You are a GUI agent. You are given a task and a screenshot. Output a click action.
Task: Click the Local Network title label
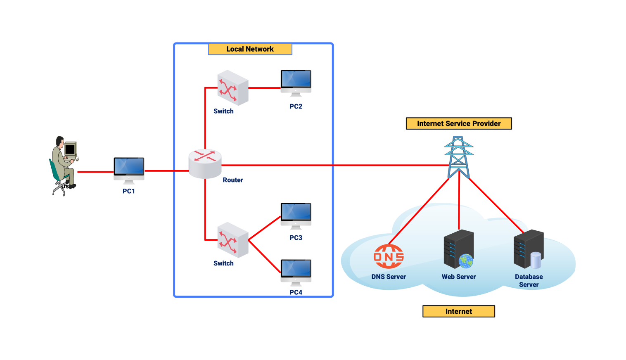click(x=250, y=49)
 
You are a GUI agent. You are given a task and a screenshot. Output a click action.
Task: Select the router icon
click(x=205, y=163)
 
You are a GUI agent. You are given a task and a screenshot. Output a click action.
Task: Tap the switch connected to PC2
click(x=233, y=88)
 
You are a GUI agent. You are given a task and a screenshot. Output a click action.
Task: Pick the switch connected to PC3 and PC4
click(x=233, y=240)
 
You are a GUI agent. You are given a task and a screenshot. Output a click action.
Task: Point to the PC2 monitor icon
click(x=296, y=82)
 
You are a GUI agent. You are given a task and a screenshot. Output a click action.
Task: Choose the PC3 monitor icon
click(x=296, y=215)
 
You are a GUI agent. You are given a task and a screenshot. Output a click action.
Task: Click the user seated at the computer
click(x=63, y=166)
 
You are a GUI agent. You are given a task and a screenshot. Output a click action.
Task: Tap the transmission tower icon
click(x=459, y=157)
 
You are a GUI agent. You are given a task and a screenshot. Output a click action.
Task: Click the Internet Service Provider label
click(x=459, y=123)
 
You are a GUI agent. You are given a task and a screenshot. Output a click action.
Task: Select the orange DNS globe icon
click(x=389, y=256)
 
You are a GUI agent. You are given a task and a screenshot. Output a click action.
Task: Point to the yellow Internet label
click(x=458, y=311)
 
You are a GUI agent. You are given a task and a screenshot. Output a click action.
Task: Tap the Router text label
click(x=233, y=180)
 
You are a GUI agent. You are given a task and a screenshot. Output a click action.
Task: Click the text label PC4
click(x=296, y=292)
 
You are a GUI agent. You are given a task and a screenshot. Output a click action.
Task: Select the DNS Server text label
click(x=389, y=277)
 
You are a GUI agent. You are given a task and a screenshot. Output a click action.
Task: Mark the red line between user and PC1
click(x=95, y=172)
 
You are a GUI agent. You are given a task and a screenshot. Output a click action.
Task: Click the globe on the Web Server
click(x=466, y=261)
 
